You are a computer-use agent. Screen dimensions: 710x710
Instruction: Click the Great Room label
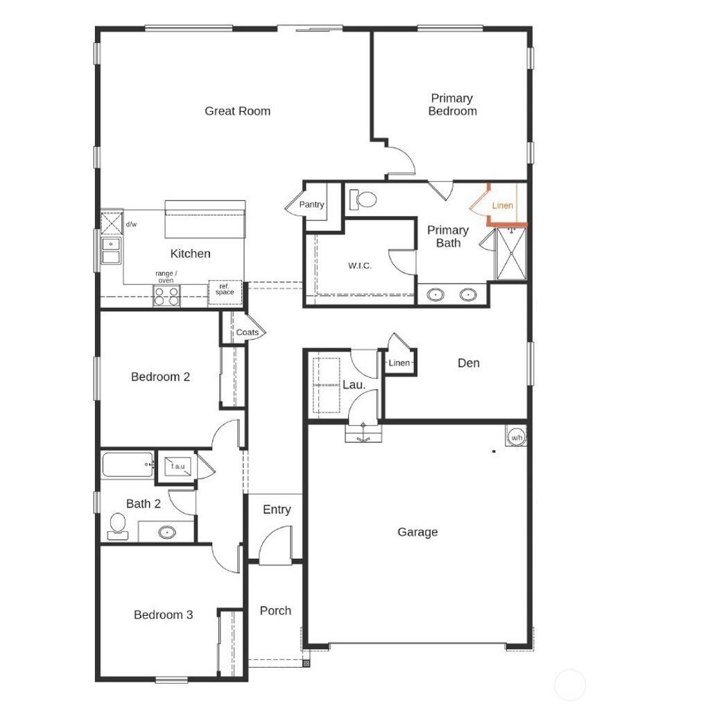(237, 111)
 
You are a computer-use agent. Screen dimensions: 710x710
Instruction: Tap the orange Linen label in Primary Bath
(503, 206)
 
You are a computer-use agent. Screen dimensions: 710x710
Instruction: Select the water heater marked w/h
(517, 438)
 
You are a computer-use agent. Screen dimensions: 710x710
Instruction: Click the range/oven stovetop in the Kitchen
(166, 296)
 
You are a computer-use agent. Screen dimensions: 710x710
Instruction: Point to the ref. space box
(225, 291)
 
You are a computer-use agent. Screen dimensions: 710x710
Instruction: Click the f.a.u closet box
(177, 466)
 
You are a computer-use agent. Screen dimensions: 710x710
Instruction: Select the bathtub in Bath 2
(128, 464)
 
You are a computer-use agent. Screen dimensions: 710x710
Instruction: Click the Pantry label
(312, 205)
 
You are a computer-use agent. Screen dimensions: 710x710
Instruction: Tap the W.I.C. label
(360, 266)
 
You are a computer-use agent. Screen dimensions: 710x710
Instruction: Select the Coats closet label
(247, 332)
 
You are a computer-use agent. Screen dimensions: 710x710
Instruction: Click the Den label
(469, 363)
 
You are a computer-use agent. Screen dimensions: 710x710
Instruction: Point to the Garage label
(417, 532)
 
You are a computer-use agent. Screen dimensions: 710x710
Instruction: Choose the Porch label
(275, 611)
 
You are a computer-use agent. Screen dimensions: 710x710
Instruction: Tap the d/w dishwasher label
(131, 224)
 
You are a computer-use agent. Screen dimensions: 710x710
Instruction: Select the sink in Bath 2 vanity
(166, 532)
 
